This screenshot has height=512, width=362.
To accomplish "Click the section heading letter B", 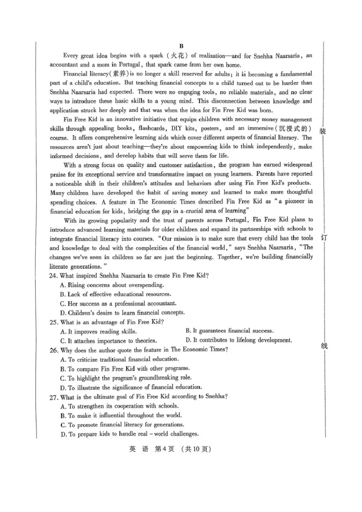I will click(x=181, y=46).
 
